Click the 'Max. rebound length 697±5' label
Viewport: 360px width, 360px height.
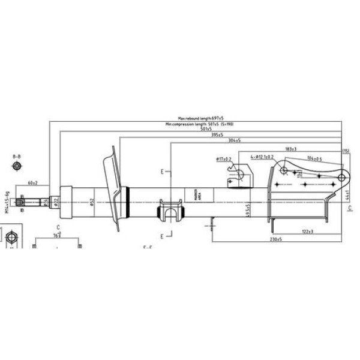204,119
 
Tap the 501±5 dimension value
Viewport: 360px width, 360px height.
206,130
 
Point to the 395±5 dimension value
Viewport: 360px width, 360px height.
217,135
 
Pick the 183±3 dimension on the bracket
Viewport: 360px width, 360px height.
291,148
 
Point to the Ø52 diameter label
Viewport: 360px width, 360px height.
92,202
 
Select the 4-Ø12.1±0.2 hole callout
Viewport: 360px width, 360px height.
262,157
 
